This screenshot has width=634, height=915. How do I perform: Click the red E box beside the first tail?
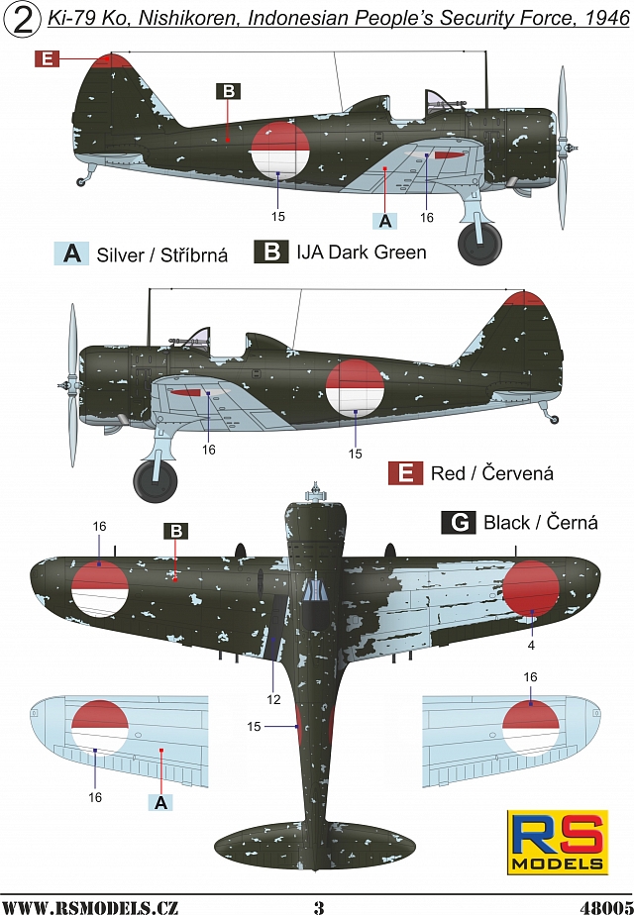point(47,59)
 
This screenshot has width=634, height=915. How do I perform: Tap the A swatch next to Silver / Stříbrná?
point(71,254)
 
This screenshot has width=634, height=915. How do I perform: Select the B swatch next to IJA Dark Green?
point(270,252)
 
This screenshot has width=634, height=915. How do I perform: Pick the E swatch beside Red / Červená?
point(405,472)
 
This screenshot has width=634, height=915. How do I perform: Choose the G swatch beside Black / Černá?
point(459,522)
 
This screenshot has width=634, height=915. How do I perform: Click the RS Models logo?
point(558,841)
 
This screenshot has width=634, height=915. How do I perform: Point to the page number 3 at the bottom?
point(318,905)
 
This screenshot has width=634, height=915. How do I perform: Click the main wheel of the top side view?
point(481,243)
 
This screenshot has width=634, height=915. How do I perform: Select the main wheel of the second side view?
point(155,479)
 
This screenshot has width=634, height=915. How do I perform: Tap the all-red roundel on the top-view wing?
point(532,588)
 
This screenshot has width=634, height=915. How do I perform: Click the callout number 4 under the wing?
point(532,644)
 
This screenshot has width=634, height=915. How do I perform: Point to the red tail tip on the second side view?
point(525,298)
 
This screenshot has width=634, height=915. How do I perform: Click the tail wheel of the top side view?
point(82,180)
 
